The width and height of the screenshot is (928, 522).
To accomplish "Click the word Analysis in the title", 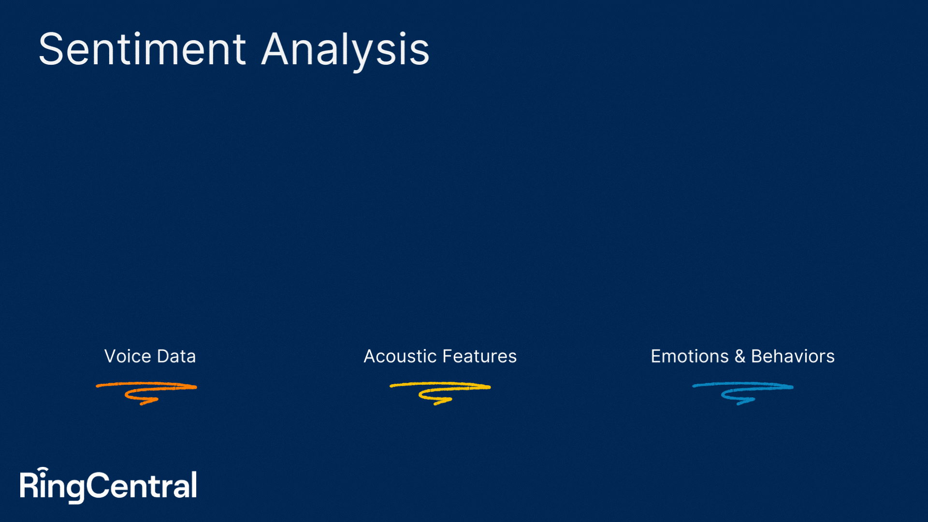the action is [x=345, y=51].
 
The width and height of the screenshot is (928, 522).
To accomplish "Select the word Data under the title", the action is [x=176, y=356].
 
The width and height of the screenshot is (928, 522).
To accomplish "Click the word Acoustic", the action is [x=400, y=356].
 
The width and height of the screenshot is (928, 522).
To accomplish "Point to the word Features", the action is [x=479, y=356].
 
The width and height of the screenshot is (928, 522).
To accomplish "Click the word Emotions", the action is [x=689, y=356].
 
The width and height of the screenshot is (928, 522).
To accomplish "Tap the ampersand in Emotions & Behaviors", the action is [x=739, y=356].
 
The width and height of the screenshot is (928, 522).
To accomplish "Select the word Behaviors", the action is [x=793, y=356].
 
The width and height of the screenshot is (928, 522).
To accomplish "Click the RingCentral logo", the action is [x=108, y=485].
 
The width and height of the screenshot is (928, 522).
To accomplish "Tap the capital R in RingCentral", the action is [x=29, y=485].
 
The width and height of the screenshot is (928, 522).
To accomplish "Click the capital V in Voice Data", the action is [x=112, y=356].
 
